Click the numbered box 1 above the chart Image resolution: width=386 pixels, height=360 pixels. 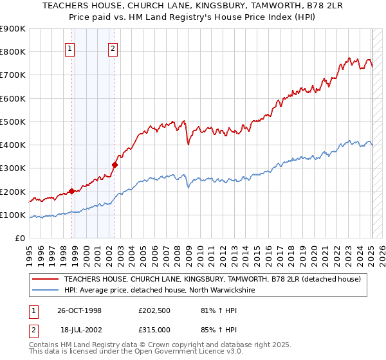[x=69, y=48]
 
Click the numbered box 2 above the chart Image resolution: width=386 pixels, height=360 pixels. [x=113, y=48]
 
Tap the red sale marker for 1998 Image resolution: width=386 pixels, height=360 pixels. [x=71, y=191]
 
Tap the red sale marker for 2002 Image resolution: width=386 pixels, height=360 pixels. [x=115, y=165]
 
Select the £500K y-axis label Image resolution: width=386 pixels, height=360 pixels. [x=13, y=122]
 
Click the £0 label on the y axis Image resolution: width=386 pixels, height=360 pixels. [x=19, y=238]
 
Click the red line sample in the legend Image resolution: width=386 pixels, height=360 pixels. [x=46, y=279]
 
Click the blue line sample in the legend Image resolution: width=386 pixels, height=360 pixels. [x=46, y=291]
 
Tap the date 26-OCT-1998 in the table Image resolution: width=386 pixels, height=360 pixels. [x=80, y=310]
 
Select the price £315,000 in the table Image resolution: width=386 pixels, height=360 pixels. [x=154, y=329]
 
